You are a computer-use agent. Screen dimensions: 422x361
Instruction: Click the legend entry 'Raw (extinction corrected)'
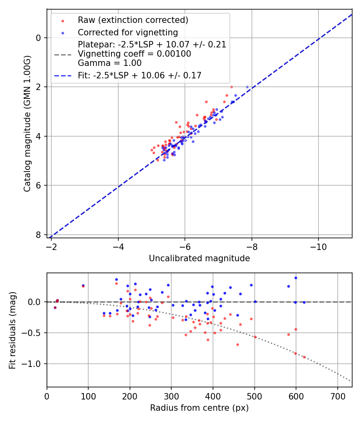[x=133, y=20]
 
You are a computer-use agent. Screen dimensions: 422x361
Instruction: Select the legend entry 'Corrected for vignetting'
[x=128, y=32]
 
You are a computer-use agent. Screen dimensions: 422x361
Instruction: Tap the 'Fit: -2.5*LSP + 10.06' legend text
[x=140, y=75]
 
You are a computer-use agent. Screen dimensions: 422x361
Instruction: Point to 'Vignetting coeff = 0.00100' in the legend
[x=134, y=53]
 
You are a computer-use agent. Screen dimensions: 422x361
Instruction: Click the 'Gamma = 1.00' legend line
[x=110, y=63]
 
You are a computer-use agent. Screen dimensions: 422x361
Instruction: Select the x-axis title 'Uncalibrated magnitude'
[x=199, y=258]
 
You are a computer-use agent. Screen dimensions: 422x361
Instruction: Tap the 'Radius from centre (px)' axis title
[x=199, y=408]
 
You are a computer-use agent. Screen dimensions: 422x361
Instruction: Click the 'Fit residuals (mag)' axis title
[x=13, y=330]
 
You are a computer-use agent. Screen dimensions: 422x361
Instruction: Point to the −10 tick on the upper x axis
[x=318, y=245]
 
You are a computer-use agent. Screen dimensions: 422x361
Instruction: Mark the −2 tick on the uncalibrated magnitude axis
[x=51, y=245]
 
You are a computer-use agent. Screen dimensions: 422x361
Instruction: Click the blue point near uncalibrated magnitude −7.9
[x=247, y=87]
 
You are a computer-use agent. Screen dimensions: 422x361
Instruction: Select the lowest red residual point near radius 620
[x=304, y=357]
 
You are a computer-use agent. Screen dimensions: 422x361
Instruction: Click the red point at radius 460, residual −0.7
[x=237, y=344]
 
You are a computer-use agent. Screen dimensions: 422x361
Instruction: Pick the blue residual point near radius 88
[x=83, y=285]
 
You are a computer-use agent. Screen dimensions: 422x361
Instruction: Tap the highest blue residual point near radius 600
[x=296, y=278]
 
